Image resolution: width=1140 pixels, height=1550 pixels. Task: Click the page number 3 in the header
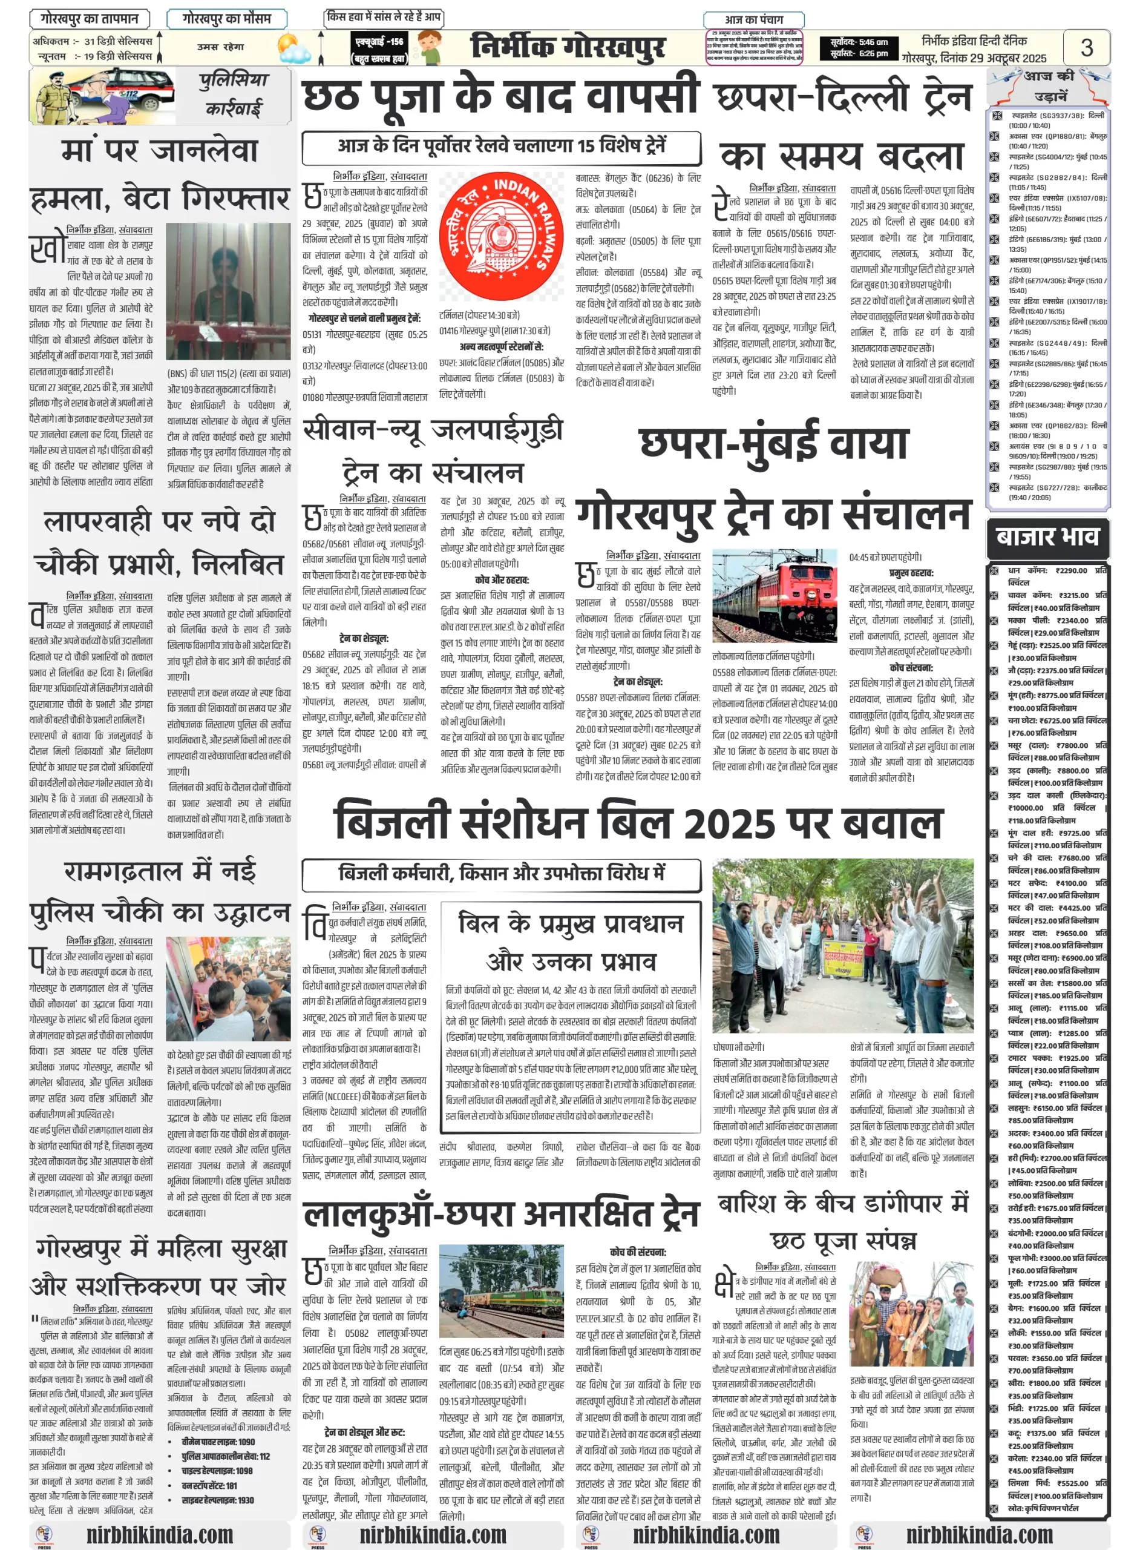coord(1086,47)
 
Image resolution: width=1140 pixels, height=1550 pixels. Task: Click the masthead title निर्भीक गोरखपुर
coord(568,47)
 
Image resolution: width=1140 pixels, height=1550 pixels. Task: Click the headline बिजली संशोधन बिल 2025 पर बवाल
coord(638,822)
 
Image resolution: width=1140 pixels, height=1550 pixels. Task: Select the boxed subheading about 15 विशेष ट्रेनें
coord(502,147)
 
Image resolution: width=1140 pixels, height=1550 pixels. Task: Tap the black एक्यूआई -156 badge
coord(379,48)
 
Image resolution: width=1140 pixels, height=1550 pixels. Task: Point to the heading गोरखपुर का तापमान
coord(90,18)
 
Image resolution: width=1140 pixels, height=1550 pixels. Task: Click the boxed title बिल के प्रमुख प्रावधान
coord(571,924)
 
